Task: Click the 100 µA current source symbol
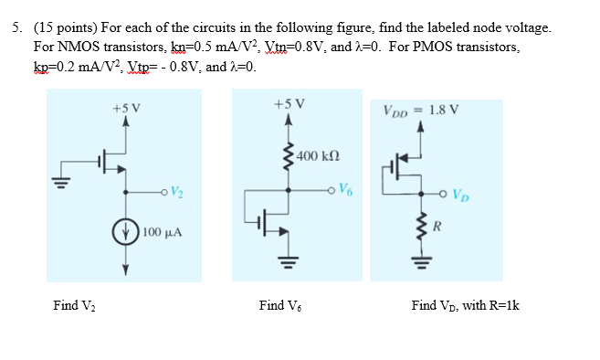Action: click(x=124, y=232)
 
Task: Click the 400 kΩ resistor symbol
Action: click(x=289, y=157)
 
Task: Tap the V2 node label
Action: click(x=175, y=193)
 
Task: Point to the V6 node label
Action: click(x=342, y=190)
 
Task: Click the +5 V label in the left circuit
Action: click(x=125, y=108)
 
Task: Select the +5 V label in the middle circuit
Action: click(x=289, y=103)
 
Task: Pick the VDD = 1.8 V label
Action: click(x=421, y=111)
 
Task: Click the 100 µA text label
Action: click(x=163, y=233)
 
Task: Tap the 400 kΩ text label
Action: click(x=319, y=156)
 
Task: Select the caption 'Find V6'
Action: click(x=279, y=305)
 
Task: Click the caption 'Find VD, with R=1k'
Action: click(x=465, y=305)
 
